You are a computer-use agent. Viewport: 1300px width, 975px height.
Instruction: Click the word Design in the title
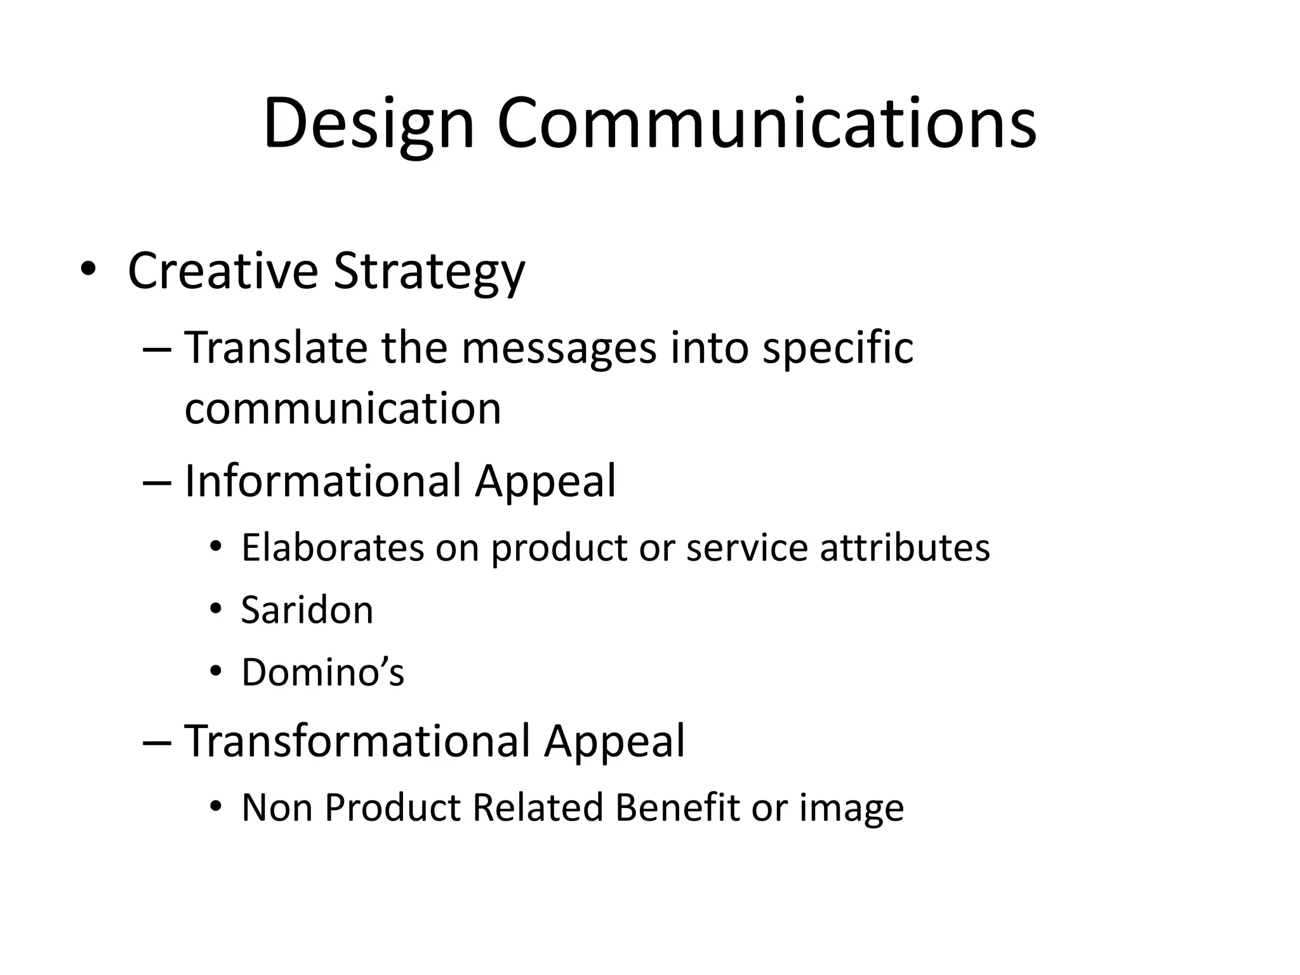[x=368, y=124]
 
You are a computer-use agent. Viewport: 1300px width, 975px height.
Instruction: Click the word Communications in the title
[x=766, y=124]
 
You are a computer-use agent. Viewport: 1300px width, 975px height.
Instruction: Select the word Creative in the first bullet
[x=222, y=271]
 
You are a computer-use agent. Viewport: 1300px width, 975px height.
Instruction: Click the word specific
[x=837, y=349]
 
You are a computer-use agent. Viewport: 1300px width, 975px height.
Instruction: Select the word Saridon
[x=307, y=610]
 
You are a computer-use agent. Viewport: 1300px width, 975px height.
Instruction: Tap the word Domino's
[x=322, y=672]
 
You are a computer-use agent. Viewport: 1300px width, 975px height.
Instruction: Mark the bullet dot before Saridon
[x=216, y=609]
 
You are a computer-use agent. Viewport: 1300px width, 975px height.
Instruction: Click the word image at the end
[x=851, y=809]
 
